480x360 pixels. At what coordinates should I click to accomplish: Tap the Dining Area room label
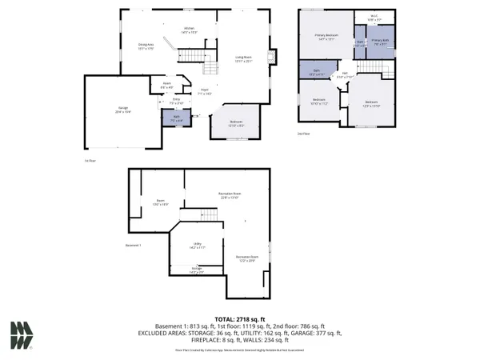tap(146, 47)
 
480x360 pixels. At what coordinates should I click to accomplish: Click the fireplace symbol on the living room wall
tap(272, 57)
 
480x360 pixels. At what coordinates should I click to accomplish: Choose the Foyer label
tap(204, 92)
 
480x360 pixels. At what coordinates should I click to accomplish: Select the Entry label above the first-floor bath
tap(176, 102)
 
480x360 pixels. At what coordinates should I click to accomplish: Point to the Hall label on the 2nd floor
tap(345, 76)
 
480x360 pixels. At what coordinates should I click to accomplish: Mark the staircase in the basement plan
tap(208, 214)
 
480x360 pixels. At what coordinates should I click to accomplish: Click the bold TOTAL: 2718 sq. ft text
tap(239, 318)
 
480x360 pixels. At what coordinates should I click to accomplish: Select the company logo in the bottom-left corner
tap(22, 335)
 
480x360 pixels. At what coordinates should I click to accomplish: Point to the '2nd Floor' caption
tap(305, 134)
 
